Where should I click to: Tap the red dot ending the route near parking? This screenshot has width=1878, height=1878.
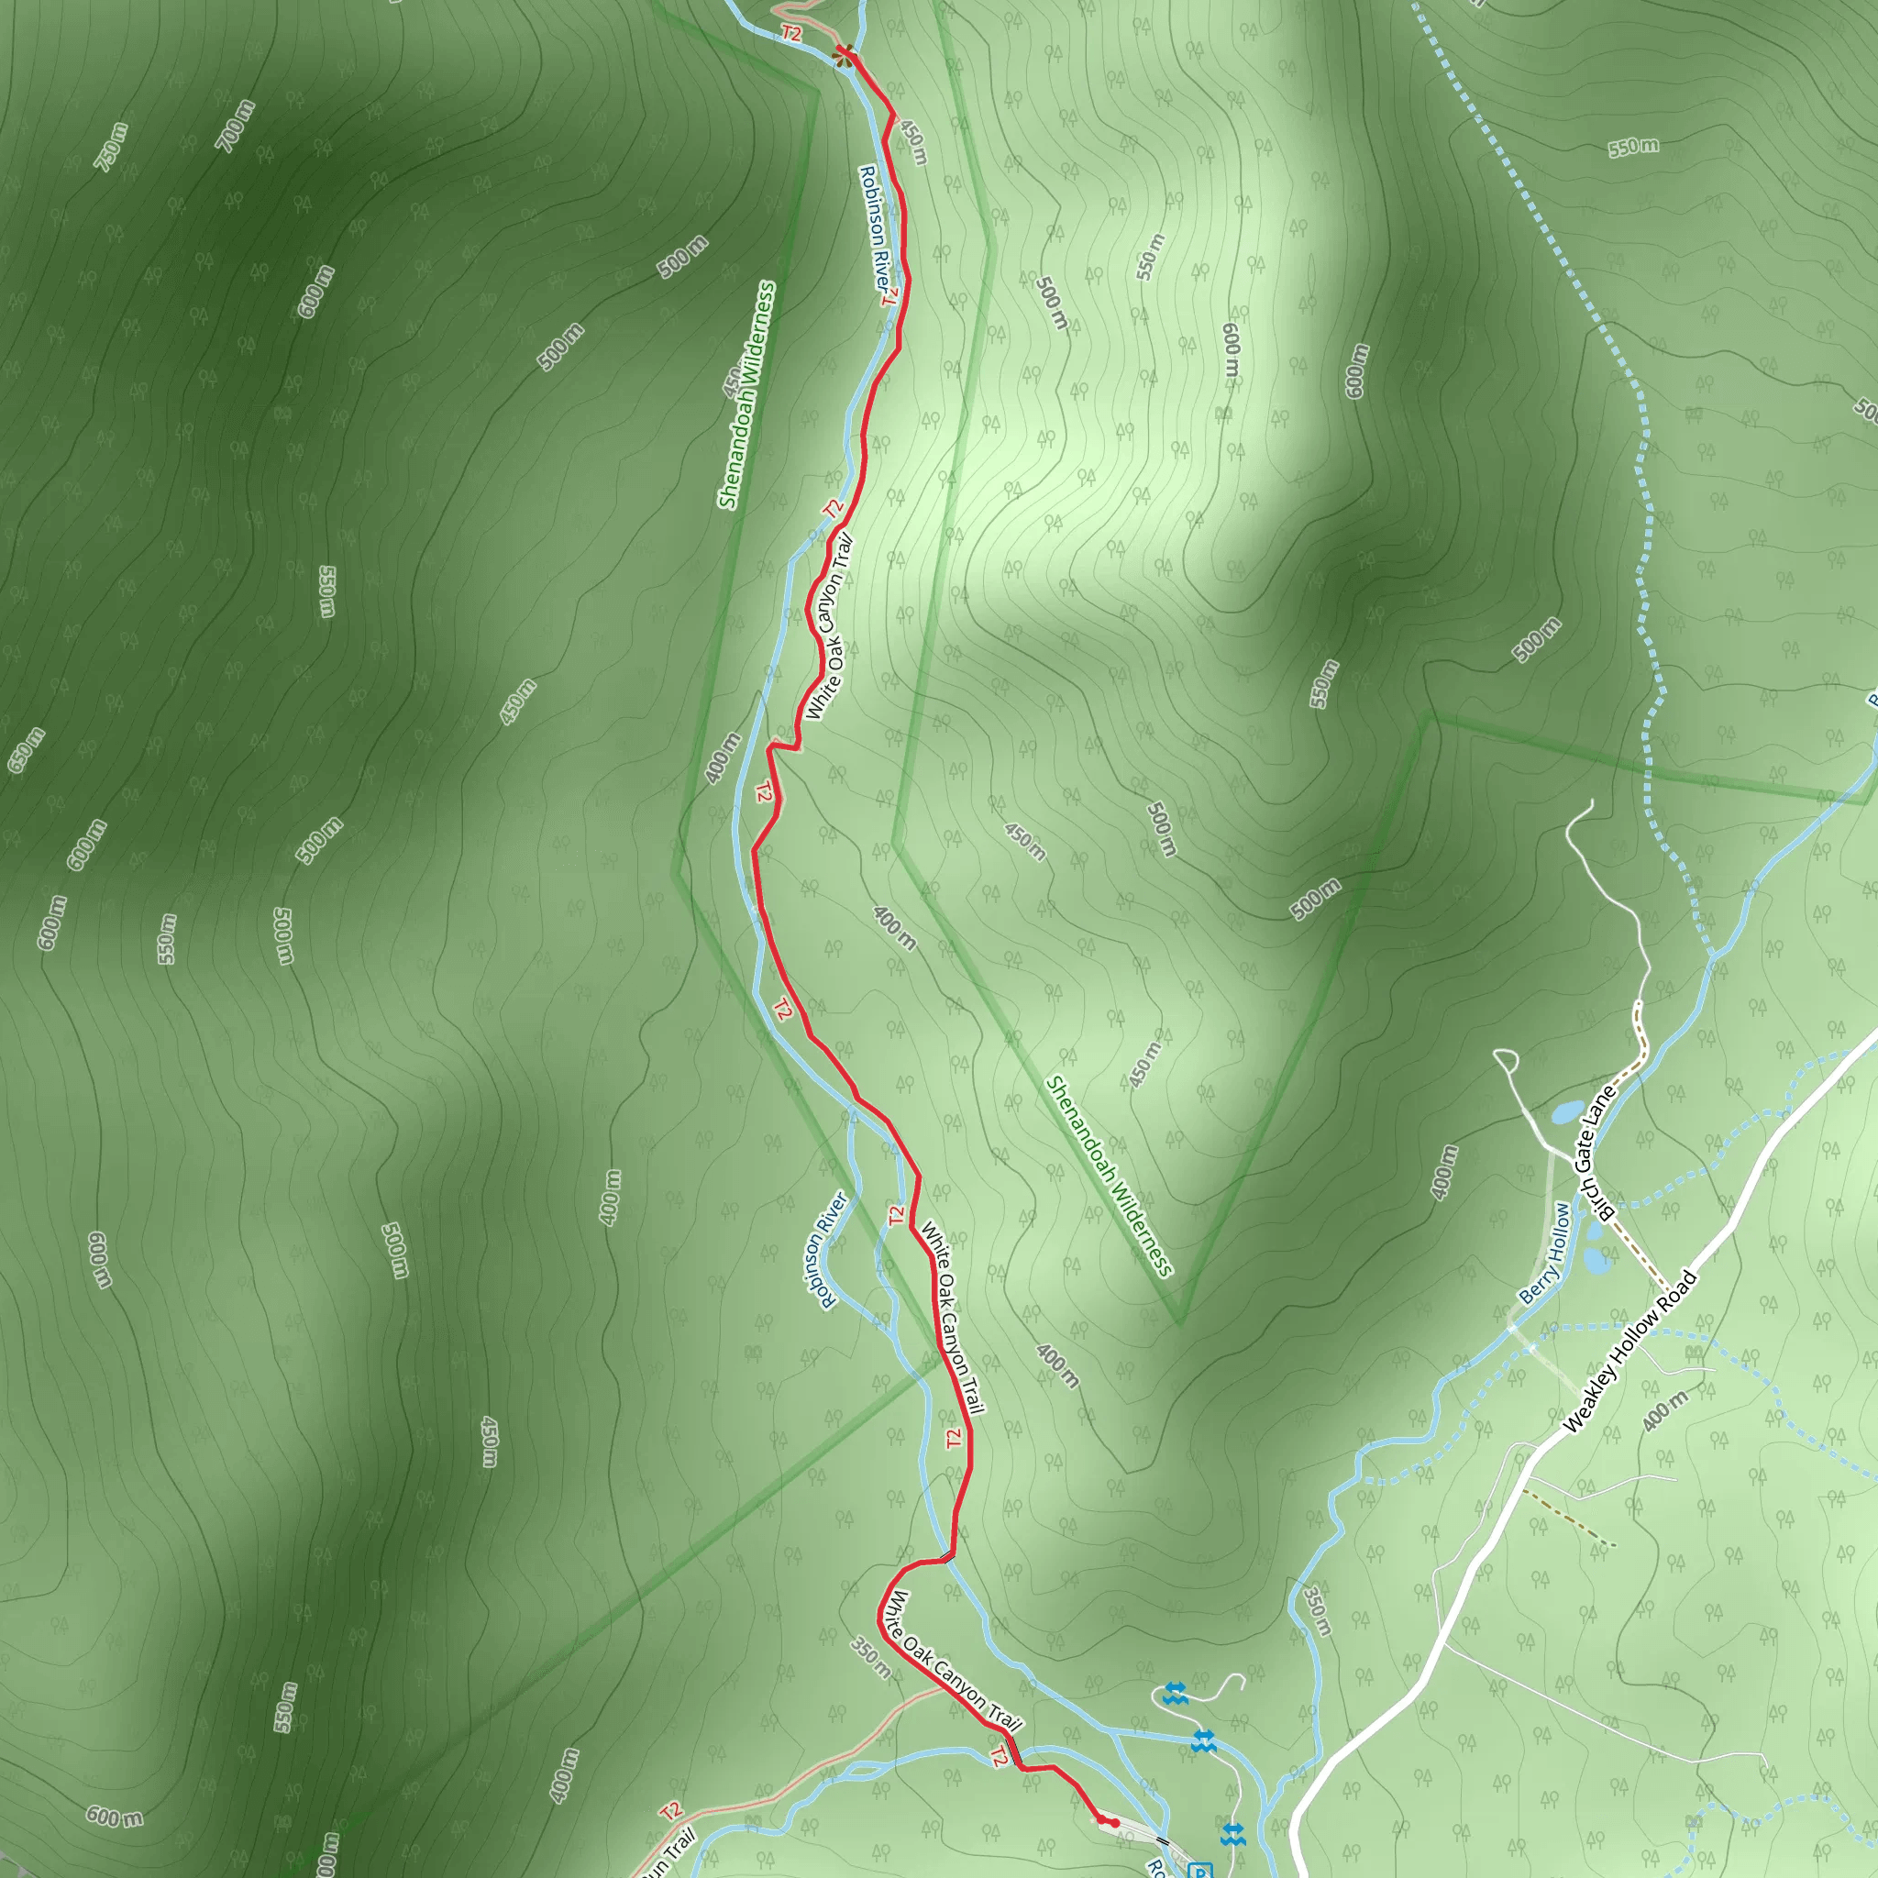[x=1115, y=1824]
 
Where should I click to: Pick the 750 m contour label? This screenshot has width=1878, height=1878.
[x=111, y=147]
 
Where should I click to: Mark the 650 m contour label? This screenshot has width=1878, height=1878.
[x=27, y=750]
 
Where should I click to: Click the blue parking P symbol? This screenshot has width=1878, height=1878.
[x=1201, y=1872]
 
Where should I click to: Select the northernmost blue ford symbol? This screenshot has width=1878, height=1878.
[x=1175, y=1694]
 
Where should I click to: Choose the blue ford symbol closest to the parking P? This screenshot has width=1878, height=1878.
[x=1232, y=1834]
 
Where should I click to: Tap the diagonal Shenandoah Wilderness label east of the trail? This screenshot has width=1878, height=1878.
[x=1110, y=1176]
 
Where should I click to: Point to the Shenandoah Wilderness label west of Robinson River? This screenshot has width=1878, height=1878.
[x=746, y=394]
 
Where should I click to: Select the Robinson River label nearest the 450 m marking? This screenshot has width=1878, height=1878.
[x=875, y=228]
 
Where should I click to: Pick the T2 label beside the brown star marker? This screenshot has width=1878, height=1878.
[x=791, y=34]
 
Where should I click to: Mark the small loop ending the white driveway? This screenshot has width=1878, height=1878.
[x=1506, y=1058]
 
